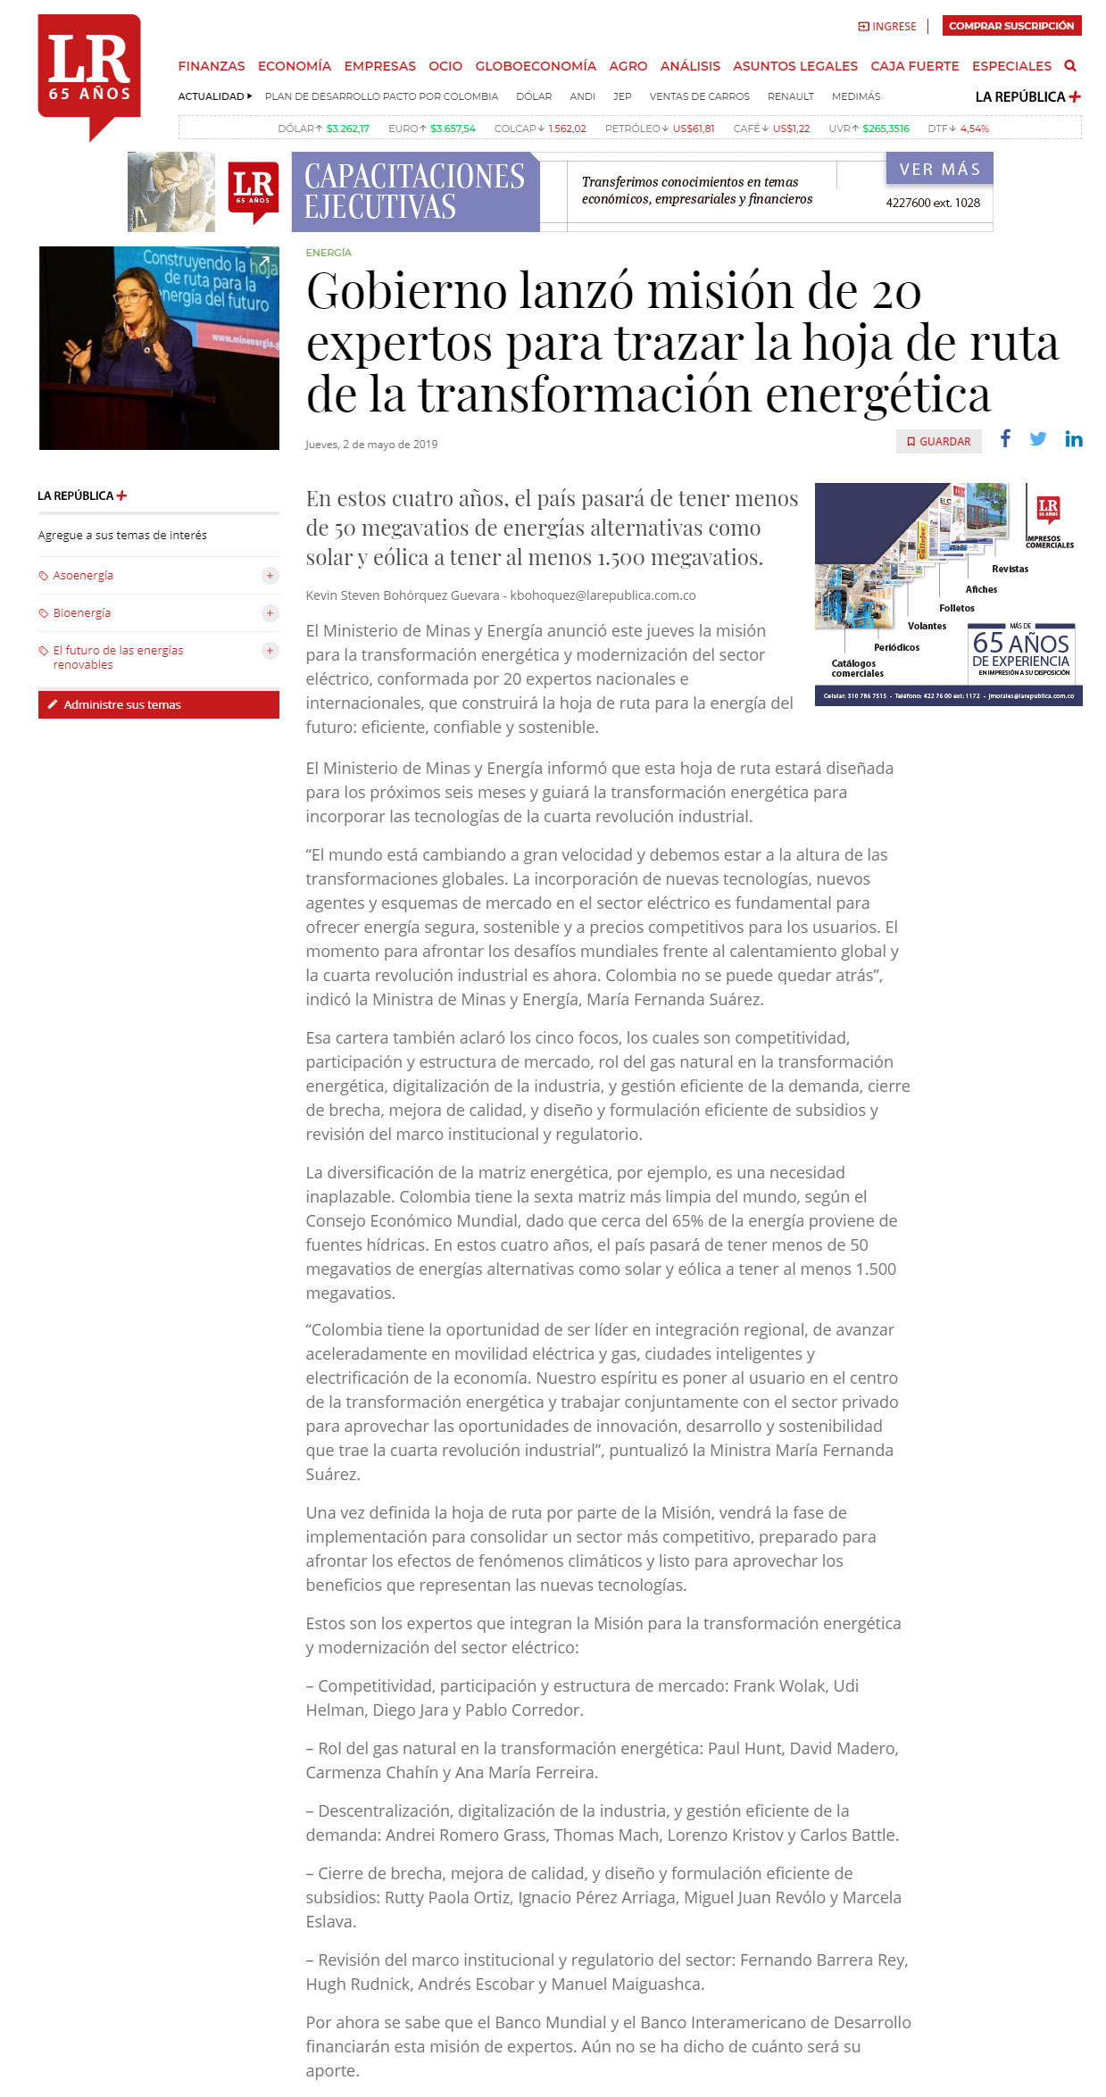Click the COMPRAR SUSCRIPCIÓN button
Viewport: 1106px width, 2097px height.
[x=1011, y=26]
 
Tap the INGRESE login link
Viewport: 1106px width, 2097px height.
[x=887, y=27]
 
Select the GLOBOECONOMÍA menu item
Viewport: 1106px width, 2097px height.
[x=536, y=66]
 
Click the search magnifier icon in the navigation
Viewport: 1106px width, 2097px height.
[x=1070, y=66]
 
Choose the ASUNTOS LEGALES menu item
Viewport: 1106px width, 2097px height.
[x=794, y=66]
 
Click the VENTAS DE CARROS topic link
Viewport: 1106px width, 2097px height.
[x=699, y=96]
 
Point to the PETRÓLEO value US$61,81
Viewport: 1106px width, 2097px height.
[x=694, y=129]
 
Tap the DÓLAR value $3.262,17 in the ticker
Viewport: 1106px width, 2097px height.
[x=347, y=129]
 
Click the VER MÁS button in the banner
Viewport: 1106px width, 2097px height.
[x=939, y=169]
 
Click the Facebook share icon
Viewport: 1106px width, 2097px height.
[x=1005, y=438]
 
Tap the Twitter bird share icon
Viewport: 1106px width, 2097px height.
[x=1037, y=439]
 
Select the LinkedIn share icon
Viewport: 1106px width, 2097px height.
[x=1073, y=439]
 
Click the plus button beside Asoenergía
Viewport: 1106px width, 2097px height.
[x=270, y=576]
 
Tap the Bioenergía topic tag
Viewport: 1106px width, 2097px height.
[x=82, y=613]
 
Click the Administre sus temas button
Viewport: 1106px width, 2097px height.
[x=158, y=704]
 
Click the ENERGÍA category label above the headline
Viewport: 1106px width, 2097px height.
[x=328, y=253]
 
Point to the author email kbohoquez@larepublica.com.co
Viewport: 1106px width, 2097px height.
[x=603, y=595]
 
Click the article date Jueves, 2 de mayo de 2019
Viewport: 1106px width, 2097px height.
[x=371, y=445]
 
